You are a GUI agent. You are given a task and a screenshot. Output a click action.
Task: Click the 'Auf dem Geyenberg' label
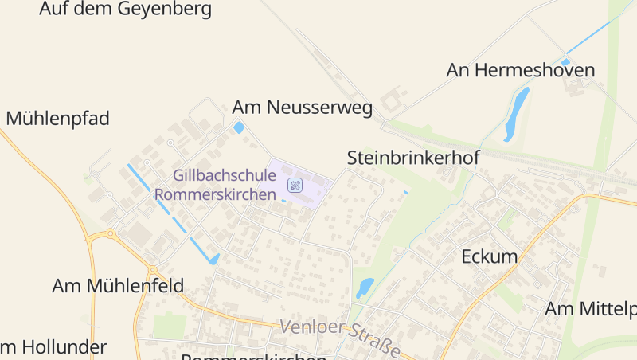127,10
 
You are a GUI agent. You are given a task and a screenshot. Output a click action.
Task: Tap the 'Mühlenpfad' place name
57,119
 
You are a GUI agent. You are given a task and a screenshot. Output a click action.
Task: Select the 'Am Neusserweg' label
302,108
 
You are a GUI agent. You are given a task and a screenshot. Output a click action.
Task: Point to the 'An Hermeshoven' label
520,70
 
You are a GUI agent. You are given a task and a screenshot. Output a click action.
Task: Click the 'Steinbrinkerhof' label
412,158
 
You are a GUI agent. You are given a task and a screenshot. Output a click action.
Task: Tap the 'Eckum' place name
489,256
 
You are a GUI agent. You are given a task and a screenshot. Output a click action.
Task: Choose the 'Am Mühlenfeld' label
118,285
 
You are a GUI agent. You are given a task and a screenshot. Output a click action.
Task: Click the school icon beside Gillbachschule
295,186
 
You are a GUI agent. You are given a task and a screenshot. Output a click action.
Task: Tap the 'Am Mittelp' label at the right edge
590,308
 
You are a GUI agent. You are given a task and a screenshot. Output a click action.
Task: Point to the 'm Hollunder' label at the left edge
53,347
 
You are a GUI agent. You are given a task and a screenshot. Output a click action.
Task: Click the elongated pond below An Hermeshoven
517,112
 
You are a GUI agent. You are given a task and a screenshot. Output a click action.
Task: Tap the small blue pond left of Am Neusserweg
239,127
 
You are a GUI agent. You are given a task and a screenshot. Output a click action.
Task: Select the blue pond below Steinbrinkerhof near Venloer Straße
365,287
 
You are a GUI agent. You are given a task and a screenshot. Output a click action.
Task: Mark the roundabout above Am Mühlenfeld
110,234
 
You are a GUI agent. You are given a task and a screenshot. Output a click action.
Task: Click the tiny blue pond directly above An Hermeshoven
565,61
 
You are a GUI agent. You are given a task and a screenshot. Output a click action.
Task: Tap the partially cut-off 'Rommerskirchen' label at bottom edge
254,356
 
